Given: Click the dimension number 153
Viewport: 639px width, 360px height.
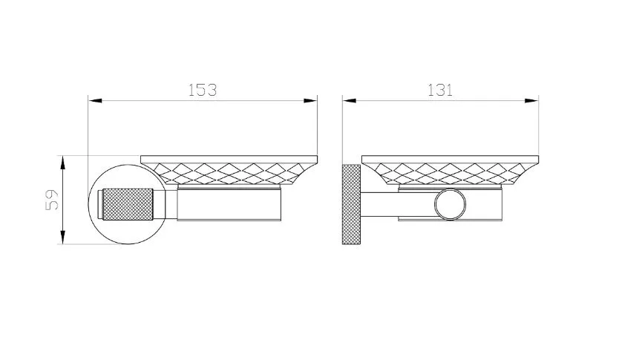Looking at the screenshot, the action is (202, 90).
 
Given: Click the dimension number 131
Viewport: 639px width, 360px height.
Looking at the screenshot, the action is (440, 90).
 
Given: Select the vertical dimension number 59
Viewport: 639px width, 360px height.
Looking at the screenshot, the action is (52, 200).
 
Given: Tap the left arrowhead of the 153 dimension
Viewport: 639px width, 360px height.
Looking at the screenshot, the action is (95, 100).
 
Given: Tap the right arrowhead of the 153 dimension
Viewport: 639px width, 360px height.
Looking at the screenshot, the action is (310, 100).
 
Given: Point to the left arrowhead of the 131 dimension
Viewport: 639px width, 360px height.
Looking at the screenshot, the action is (350, 100).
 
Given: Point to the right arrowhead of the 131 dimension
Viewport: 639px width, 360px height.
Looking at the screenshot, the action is (532, 100).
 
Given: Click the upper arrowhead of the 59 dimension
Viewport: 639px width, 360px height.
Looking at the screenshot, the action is (62, 163).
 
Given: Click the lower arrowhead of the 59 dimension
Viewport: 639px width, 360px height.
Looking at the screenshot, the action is (62, 238).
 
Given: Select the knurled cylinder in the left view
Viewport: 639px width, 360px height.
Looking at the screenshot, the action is (128, 204).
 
